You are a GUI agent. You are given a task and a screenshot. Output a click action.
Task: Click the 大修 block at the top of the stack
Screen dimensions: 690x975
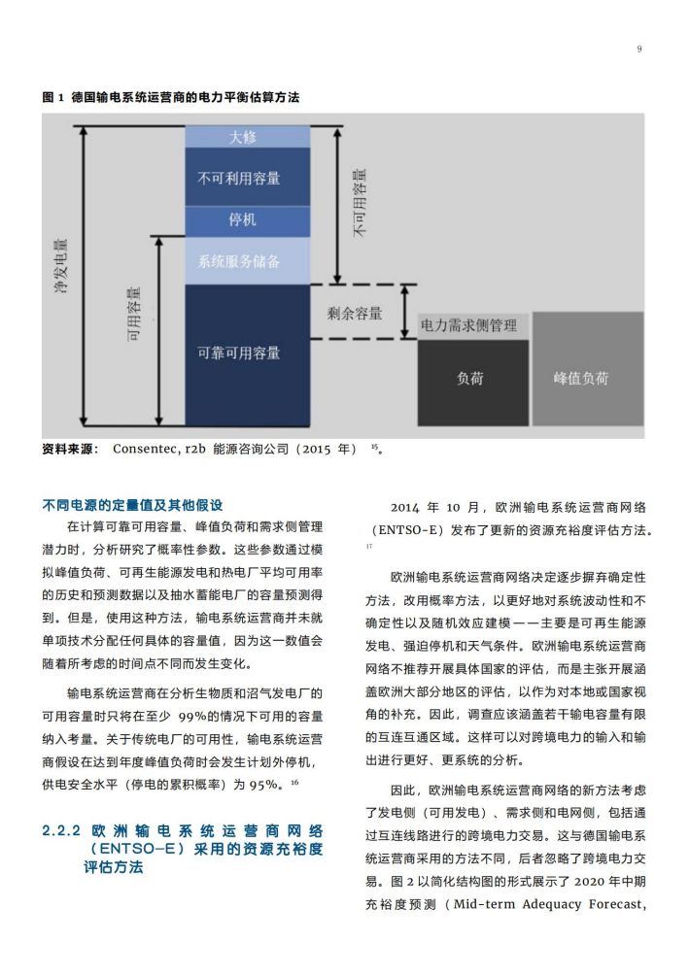[248, 137]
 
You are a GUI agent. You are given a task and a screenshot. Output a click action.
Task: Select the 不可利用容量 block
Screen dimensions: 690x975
[248, 177]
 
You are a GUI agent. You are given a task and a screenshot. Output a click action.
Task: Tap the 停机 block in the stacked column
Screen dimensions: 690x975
[248, 220]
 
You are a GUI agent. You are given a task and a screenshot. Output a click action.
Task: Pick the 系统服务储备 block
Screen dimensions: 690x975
[248, 260]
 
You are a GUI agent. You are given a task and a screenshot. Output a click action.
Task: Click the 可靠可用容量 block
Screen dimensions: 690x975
[248, 355]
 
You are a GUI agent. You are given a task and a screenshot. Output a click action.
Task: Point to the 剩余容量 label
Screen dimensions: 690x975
[355, 314]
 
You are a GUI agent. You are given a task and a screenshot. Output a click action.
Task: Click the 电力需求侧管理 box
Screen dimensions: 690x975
[473, 326]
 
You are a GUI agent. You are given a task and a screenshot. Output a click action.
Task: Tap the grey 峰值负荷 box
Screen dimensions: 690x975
[588, 369]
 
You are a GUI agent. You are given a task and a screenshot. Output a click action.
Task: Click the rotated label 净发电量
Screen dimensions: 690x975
[61, 266]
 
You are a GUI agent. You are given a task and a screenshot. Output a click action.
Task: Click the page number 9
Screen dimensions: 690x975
[639, 50]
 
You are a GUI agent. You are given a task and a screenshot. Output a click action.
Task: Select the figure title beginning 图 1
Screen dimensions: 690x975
[171, 97]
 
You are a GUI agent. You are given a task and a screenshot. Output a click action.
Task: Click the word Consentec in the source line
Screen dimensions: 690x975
[146, 449]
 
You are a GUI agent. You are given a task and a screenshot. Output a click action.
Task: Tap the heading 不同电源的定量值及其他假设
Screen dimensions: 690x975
[132, 505]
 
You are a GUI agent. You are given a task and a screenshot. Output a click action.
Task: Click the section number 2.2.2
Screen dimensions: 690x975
[61, 830]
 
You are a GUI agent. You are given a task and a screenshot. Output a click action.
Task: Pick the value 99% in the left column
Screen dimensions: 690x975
[192, 717]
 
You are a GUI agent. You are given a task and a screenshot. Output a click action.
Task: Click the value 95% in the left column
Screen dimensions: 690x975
[263, 786]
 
